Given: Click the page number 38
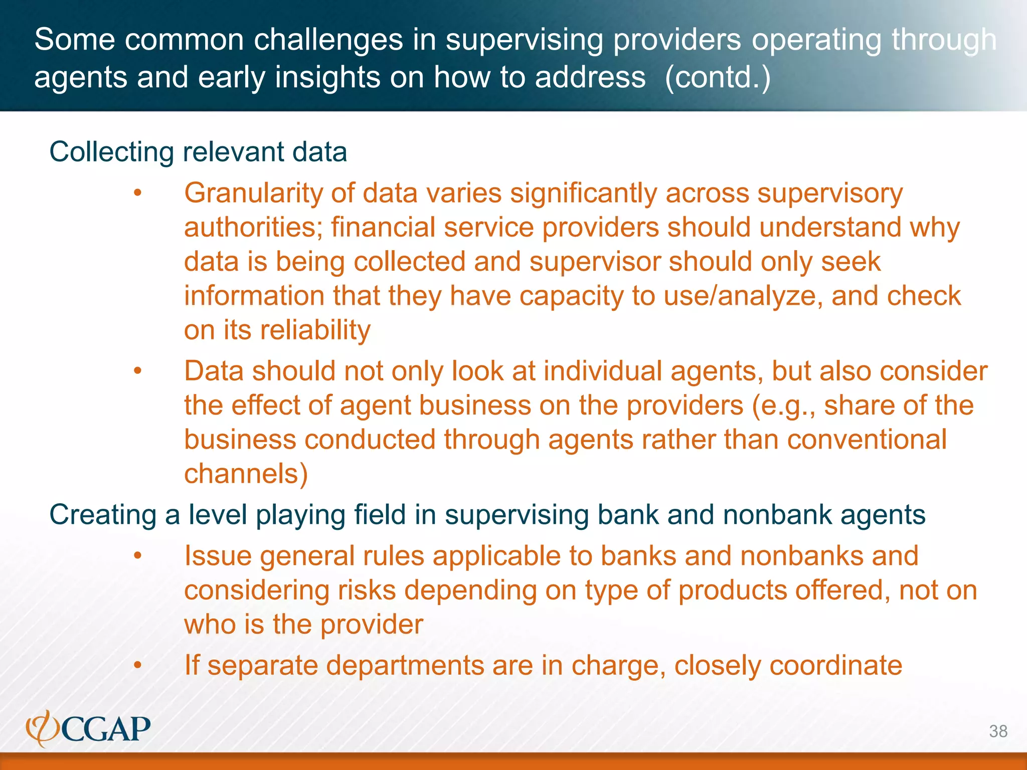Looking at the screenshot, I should pos(998,731).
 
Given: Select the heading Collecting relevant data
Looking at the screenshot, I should pos(198,152).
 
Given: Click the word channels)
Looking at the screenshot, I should pos(246,474).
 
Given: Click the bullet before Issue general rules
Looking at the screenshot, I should pos(138,556).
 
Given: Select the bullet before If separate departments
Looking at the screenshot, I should pos(138,666).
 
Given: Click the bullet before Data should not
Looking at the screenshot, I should pos(138,371).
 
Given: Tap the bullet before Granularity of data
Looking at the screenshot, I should pos(138,194).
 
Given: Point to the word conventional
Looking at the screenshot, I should pos(867,440).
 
